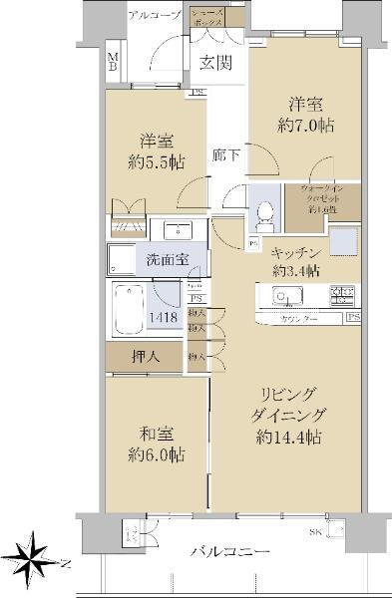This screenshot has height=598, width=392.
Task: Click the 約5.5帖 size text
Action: coord(149,162)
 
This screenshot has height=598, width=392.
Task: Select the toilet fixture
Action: coord(264,211)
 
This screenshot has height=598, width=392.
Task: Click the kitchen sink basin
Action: coord(282,296)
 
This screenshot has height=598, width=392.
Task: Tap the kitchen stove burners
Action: coord(341,295)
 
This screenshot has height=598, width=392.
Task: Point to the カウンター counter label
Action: coord(296,318)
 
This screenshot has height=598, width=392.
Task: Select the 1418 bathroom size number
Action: coord(165,318)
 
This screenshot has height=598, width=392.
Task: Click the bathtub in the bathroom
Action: coord(127,311)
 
